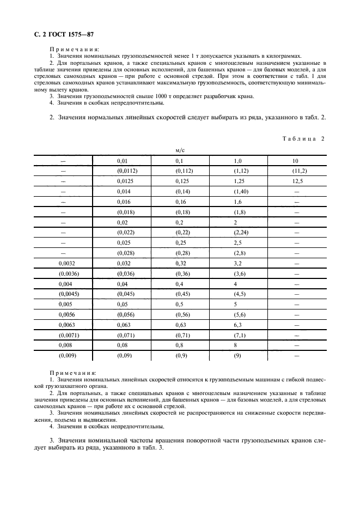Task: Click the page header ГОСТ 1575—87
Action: [x=60, y=34]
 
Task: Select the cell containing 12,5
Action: [x=297, y=180]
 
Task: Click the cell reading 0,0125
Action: [x=126, y=180]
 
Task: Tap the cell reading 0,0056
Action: [x=65, y=314]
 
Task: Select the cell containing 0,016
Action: [x=124, y=201]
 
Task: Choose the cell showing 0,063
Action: [x=124, y=325]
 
